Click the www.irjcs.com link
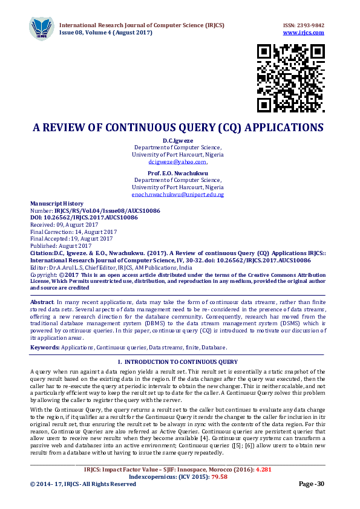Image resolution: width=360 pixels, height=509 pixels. (304, 32)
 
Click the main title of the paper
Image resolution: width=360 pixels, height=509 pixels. (178, 128)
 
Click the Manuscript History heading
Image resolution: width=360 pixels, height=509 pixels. (57, 204)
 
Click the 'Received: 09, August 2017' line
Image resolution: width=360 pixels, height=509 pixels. (60, 224)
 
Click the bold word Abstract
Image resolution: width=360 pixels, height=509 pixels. (41, 301)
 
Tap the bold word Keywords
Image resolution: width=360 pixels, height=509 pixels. (44, 348)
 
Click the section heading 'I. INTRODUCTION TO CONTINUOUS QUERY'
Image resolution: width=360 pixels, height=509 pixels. (177, 361)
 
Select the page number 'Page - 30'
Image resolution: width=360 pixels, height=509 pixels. (312, 484)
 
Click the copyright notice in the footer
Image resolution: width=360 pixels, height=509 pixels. (83, 484)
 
